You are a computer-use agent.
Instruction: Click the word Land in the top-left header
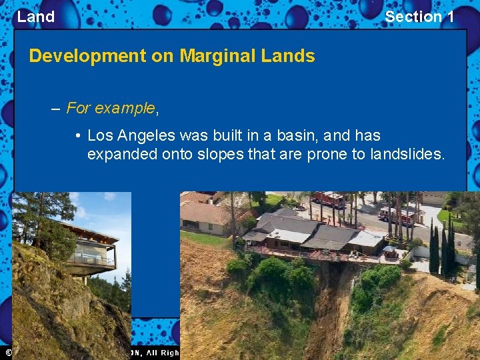(35, 17)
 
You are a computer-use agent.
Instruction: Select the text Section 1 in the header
(419, 17)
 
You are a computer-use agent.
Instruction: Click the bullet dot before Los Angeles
(78, 136)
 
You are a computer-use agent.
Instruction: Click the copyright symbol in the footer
(8, 352)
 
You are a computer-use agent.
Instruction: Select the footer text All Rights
(156, 352)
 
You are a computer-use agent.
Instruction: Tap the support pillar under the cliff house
(85, 279)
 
